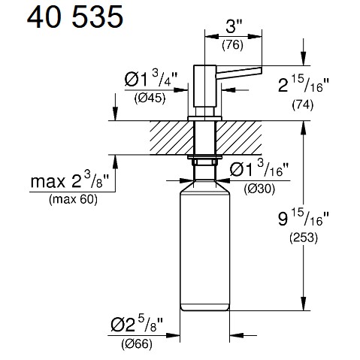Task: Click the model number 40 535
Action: click(75, 17)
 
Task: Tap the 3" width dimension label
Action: click(234, 26)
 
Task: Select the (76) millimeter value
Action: click(232, 45)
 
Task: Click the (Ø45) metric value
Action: click(150, 98)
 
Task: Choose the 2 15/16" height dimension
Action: click(304, 85)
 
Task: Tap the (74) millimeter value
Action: click(303, 104)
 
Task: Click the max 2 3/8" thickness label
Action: click(70, 180)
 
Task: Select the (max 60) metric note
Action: click(73, 199)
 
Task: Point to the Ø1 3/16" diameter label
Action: click(259, 169)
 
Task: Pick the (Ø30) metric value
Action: click(259, 189)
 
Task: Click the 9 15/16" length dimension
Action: click(304, 218)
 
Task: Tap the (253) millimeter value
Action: click(304, 237)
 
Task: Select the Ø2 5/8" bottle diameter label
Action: click(137, 324)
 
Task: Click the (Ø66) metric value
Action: click(137, 344)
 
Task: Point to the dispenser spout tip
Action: click(261, 69)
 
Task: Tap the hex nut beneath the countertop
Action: click(204, 161)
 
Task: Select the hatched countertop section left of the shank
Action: click(171, 138)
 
